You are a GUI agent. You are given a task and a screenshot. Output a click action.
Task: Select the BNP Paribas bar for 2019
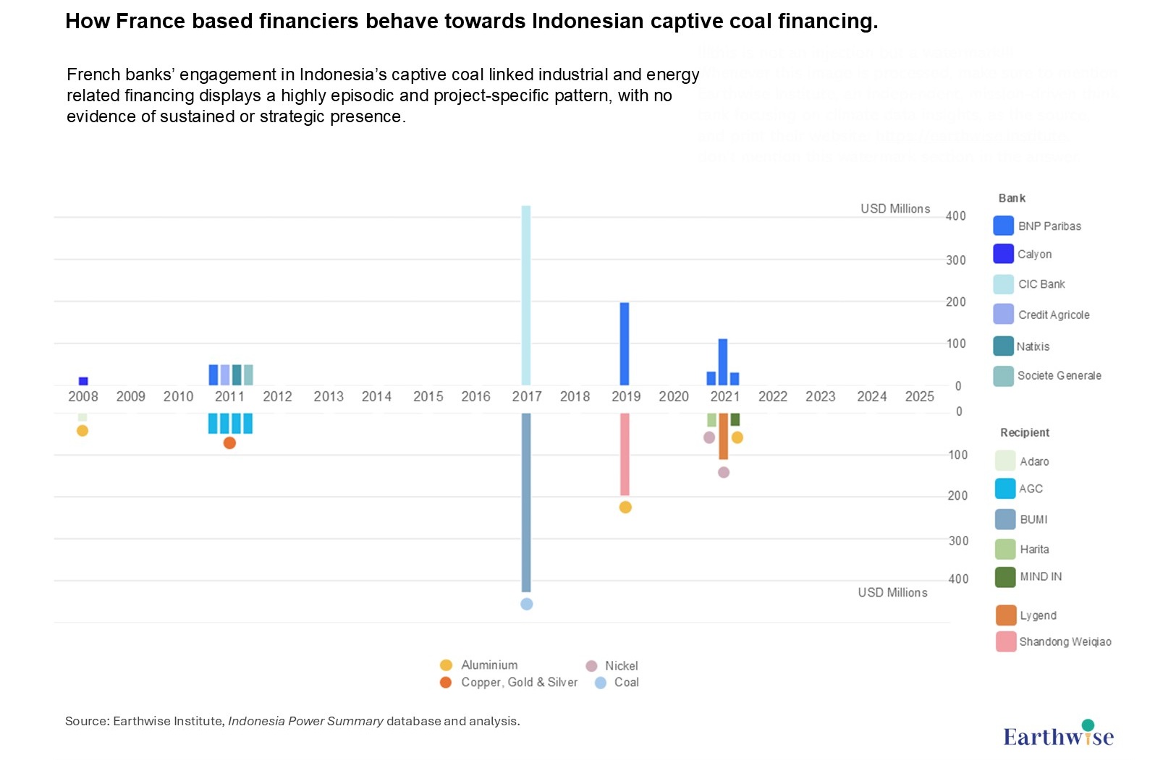point(625,343)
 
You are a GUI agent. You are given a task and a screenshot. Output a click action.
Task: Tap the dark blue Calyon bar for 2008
point(83,381)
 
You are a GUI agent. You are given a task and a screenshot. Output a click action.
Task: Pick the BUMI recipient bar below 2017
point(526,502)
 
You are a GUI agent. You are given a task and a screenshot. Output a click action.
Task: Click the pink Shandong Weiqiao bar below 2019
point(625,454)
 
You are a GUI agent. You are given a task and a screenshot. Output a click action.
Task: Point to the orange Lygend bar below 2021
point(723,436)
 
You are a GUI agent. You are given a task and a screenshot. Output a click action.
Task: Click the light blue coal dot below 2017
point(526,604)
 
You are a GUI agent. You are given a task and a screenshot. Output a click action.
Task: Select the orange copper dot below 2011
point(229,443)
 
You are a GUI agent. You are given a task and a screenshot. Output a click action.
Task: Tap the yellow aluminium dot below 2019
point(625,507)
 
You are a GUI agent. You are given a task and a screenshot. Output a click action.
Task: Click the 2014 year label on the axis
point(376,396)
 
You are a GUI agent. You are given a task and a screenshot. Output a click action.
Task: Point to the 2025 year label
point(919,396)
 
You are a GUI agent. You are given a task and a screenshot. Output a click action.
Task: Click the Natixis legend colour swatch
point(1003,346)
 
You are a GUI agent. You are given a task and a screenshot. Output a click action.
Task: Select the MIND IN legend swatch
point(1005,577)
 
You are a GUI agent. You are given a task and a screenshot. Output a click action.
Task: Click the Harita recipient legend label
point(1034,550)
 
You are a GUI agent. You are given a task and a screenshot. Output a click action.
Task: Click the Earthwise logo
point(1058,735)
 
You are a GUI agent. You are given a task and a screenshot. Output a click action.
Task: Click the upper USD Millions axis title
point(895,209)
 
